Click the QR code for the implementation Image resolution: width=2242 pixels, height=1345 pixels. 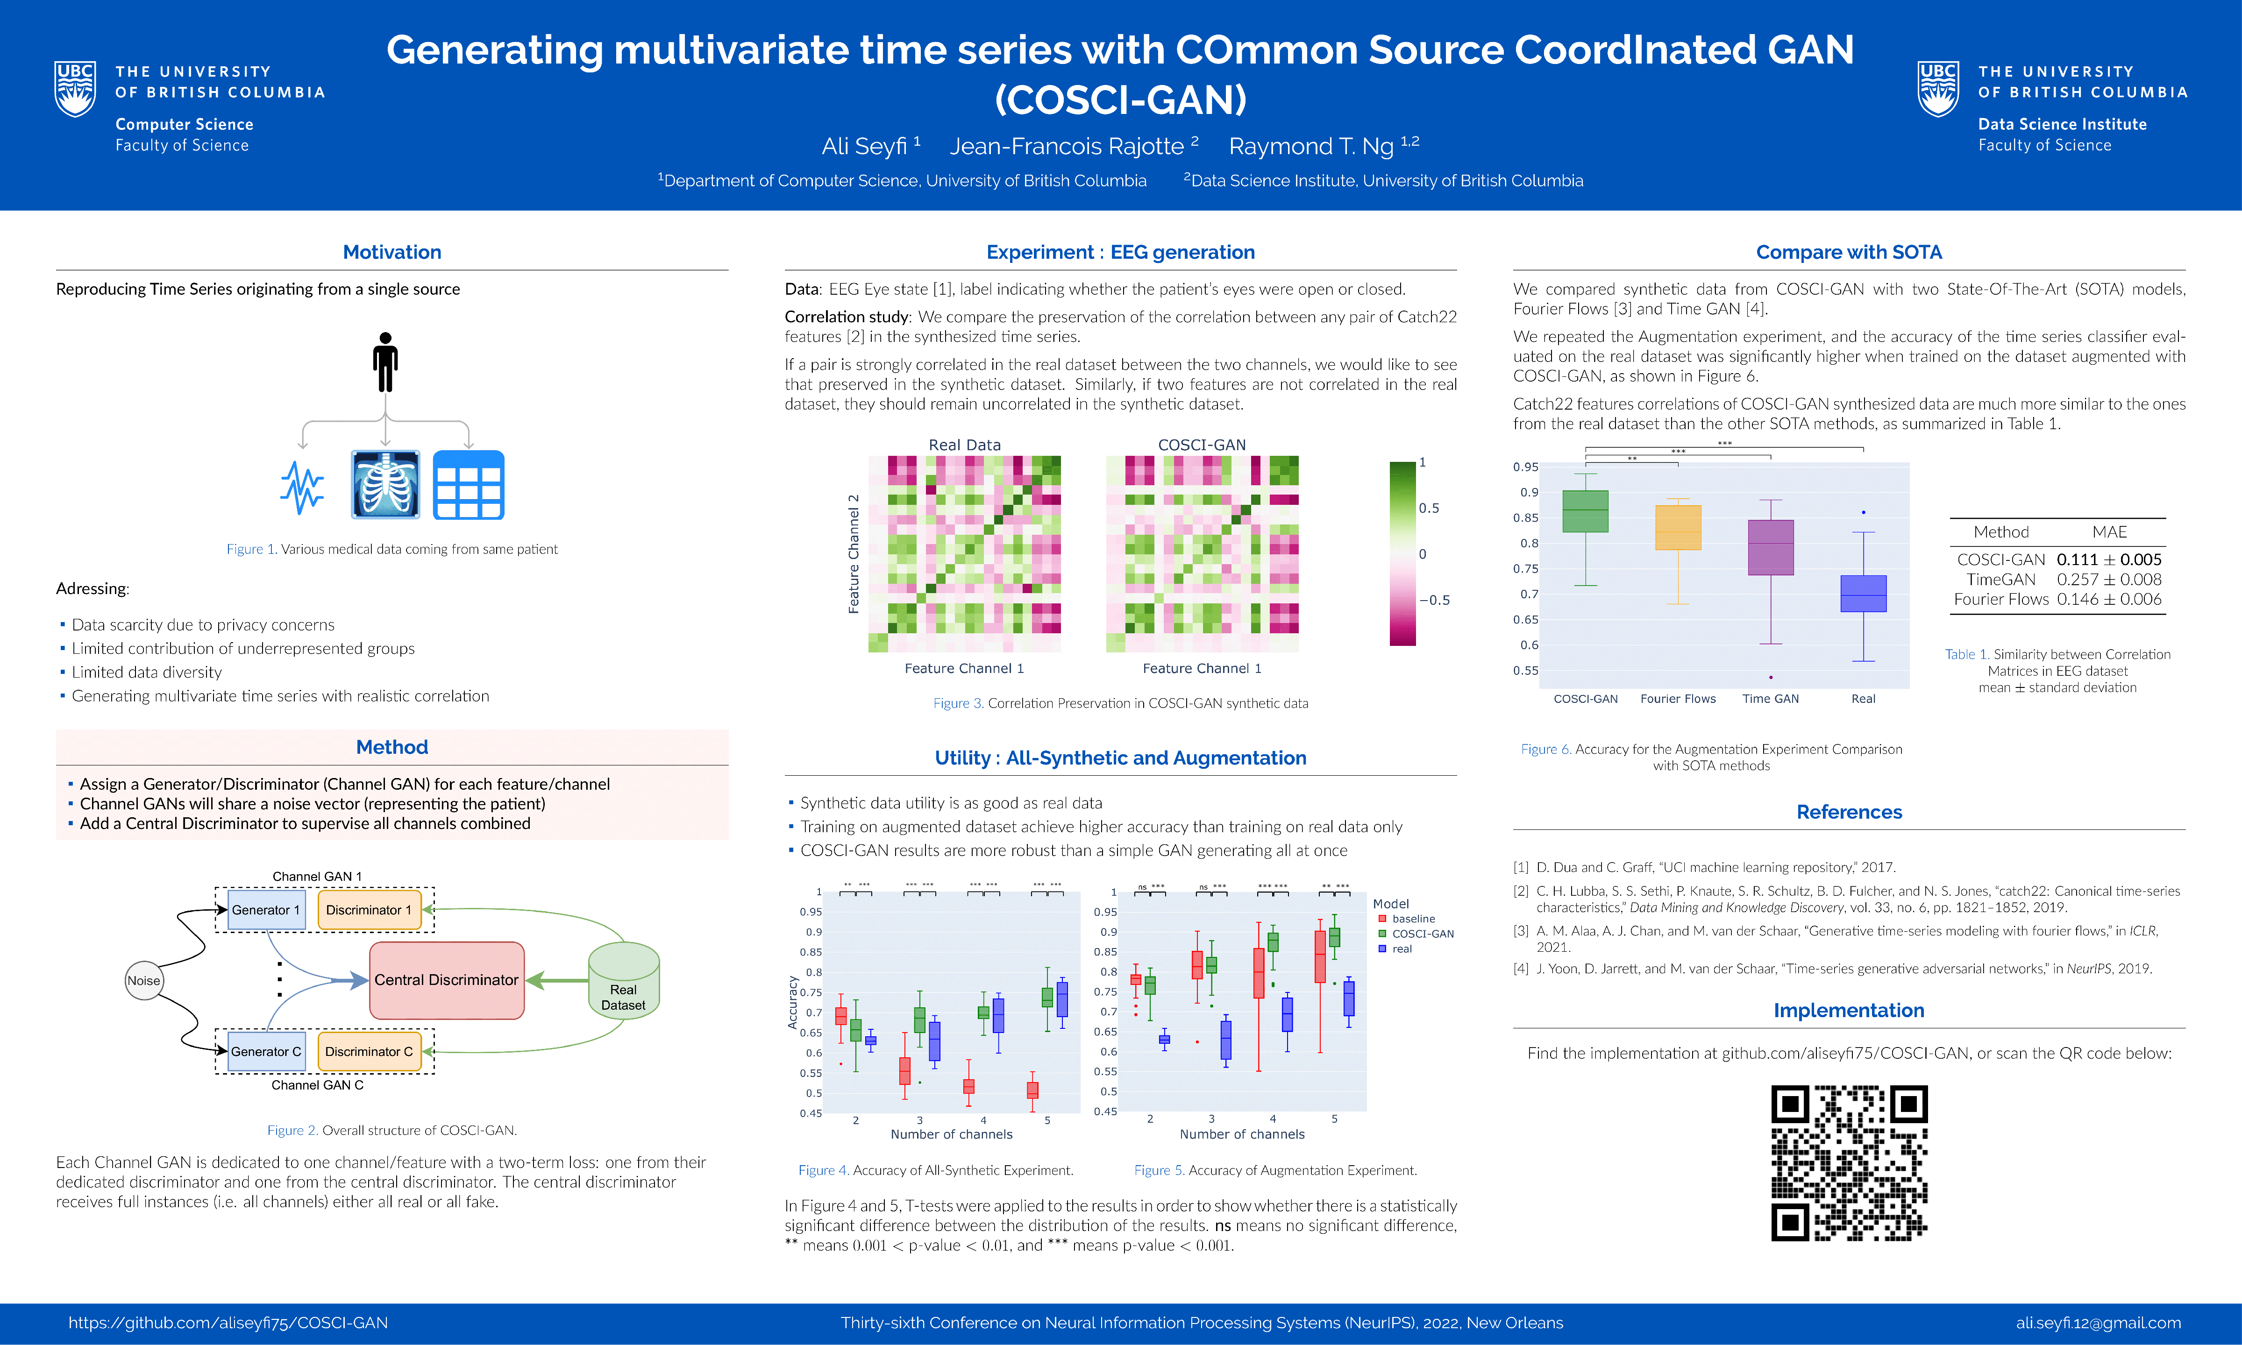point(1850,1163)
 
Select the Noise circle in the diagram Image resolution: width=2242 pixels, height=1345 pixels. point(143,981)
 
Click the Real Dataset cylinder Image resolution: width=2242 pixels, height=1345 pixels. point(624,984)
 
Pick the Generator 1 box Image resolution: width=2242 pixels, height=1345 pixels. point(265,910)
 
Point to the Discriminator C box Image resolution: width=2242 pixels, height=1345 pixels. point(369,1051)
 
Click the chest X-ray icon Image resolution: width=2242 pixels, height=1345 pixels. point(385,484)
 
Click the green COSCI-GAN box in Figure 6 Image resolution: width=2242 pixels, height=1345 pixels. point(1586,511)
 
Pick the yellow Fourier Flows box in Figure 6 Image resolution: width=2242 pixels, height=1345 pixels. point(1678,527)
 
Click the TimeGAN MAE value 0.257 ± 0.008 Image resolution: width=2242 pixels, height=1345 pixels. point(2109,579)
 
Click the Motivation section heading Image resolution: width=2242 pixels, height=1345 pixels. point(391,252)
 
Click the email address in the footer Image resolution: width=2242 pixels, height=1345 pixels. point(2098,1323)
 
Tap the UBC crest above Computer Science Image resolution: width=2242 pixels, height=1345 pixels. point(75,89)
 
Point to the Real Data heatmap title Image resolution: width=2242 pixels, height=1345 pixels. point(965,445)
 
